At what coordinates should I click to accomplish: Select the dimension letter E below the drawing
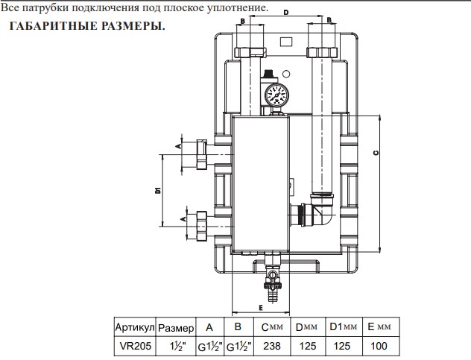(261, 306)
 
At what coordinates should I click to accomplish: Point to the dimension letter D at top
(286, 12)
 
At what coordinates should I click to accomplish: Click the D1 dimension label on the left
(158, 190)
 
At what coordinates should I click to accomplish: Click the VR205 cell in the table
(134, 347)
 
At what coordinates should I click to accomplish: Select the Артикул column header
(134, 328)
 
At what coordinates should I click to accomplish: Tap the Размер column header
(176, 328)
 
